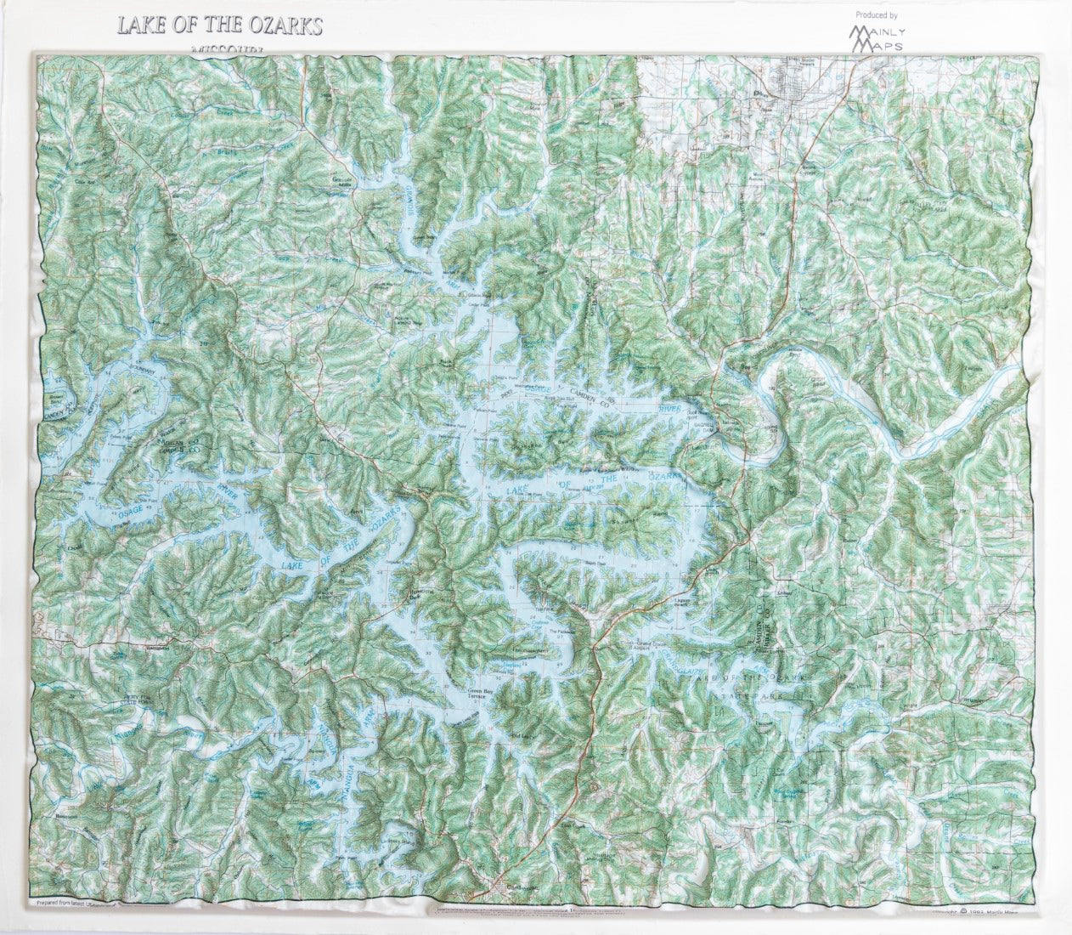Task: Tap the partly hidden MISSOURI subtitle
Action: [228, 50]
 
